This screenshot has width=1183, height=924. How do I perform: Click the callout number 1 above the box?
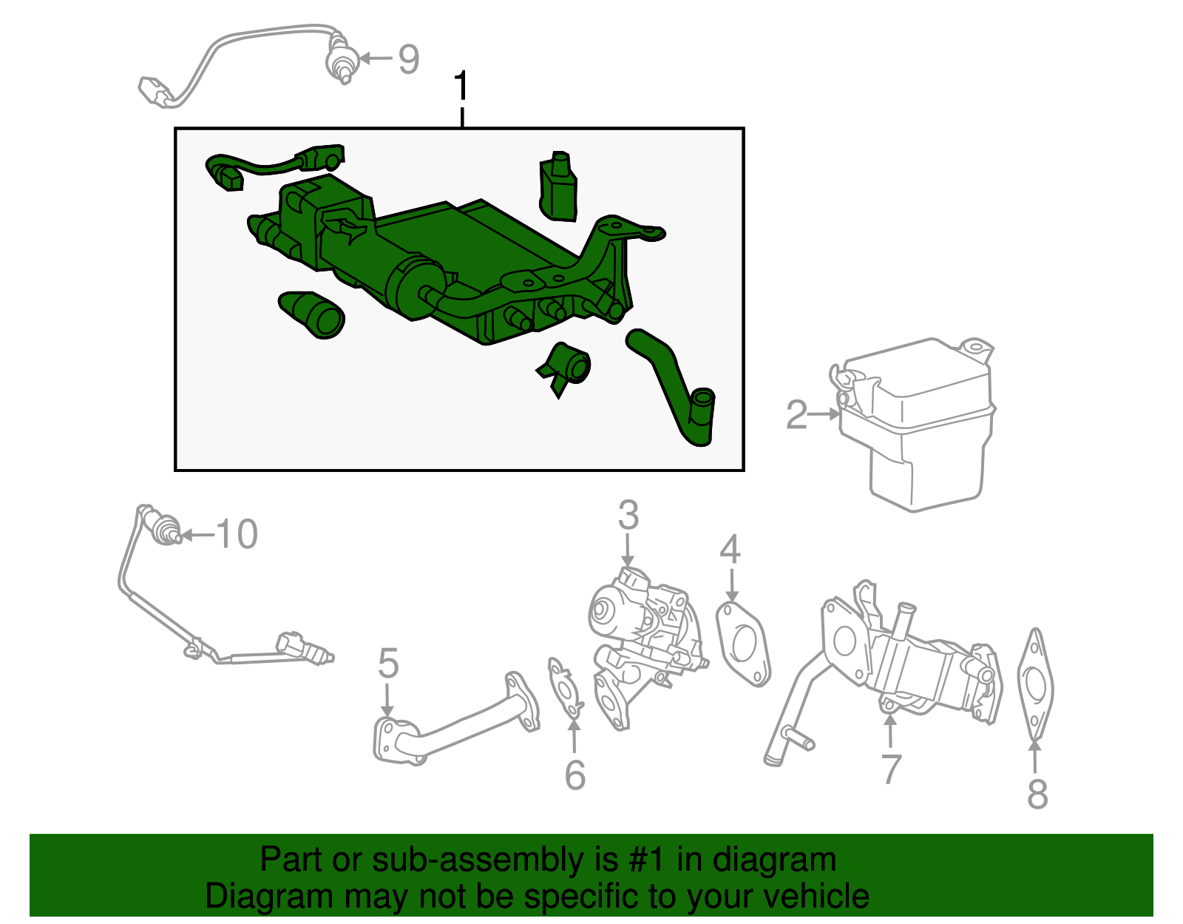point(461,85)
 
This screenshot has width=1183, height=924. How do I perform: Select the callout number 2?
point(796,415)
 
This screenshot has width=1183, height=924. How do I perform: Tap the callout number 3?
point(628,515)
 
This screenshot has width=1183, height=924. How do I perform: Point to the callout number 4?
point(730,549)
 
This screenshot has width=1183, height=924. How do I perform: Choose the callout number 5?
point(389,663)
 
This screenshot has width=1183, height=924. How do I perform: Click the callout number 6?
point(575,775)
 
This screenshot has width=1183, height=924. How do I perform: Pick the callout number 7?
point(891,769)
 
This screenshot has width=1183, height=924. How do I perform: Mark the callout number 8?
point(1037,795)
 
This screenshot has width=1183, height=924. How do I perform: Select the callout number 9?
point(409,59)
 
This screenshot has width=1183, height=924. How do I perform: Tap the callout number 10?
point(237,534)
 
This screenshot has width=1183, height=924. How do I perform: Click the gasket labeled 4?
point(743,644)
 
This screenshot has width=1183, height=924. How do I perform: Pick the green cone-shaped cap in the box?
point(311,315)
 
